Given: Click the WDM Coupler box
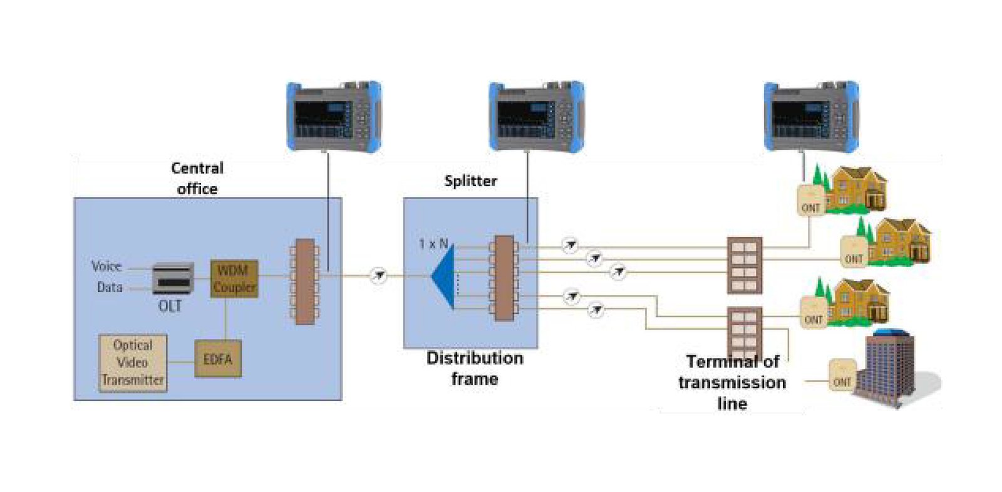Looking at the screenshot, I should [234, 279].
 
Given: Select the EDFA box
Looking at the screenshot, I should [217, 359].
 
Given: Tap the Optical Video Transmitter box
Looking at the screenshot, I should [133, 363].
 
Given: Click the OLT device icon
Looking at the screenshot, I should [173, 279].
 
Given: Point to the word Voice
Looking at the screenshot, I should [106, 266].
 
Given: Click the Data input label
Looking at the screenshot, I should [110, 288].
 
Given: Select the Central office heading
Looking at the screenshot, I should [197, 179].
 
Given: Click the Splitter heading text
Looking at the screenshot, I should [470, 181].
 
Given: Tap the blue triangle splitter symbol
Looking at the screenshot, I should [444, 276].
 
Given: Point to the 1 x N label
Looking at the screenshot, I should [433, 244].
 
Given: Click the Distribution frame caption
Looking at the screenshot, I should [475, 369].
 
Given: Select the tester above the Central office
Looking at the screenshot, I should [334, 116].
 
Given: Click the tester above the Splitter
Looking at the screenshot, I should [536, 116].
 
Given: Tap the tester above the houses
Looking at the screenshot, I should [811, 116].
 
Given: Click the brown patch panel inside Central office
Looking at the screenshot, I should [305, 281].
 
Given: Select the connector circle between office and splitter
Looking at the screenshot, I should [378, 275].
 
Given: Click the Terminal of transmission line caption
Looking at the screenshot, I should [732, 382].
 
